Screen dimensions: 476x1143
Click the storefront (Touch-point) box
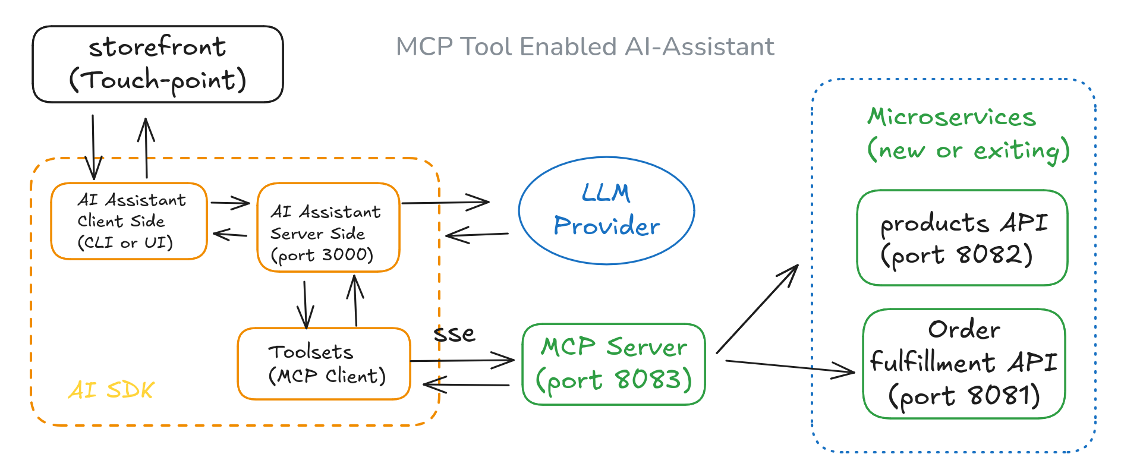[x=158, y=64]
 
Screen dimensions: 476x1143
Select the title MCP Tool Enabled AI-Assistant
[x=585, y=47]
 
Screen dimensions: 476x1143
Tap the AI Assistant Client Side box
[x=129, y=221]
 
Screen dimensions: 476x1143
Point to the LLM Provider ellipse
[x=606, y=210]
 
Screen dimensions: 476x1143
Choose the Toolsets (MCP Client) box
[x=324, y=364]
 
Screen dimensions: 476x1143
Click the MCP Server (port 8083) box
[x=613, y=364]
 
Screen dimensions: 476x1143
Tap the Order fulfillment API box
[x=963, y=363]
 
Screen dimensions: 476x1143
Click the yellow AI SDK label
[x=111, y=390]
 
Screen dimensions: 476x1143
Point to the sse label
[x=454, y=333]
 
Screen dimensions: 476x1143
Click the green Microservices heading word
[x=952, y=117]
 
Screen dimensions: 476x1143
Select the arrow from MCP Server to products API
[x=757, y=310]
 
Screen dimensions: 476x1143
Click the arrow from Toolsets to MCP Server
[x=461, y=360]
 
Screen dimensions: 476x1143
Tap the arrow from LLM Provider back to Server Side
[x=477, y=235]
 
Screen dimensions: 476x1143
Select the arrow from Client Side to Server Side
[x=230, y=203]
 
